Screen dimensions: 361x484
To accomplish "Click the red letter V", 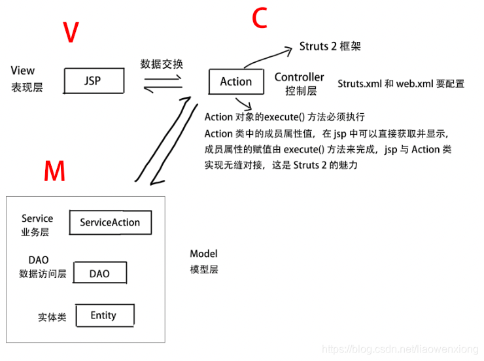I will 72,33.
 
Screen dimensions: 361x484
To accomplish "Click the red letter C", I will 259,19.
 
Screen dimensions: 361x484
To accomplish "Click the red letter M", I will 54,171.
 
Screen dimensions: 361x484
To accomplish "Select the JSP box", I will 94,81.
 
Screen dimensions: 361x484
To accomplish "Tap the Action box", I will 235,82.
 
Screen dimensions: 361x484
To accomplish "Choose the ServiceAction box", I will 110,222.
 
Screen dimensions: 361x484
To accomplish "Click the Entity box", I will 104,315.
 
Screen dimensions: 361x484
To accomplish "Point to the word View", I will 23,71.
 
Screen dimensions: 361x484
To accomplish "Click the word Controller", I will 299,77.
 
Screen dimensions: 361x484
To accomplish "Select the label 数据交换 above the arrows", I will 162,64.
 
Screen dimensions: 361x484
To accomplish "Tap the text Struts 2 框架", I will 330,46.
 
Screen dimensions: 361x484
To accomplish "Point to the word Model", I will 203,254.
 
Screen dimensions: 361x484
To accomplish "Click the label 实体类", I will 52,317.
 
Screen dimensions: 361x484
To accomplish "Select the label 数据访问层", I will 43,273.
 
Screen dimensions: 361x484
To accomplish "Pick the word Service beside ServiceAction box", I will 37,218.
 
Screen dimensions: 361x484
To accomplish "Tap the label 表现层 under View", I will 27,87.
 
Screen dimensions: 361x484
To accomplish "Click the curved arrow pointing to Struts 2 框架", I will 268,55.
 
